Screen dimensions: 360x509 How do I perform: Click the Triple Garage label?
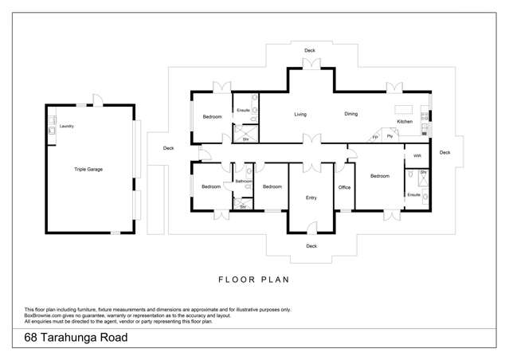click(x=88, y=169)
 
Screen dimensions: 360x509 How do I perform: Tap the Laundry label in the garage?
click(x=67, y=126)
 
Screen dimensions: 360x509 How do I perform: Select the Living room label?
click(x=300, y=115)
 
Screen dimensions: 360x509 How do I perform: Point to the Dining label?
click(x=351, y=114)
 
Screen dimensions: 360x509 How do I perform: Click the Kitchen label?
click(x=405, y=122)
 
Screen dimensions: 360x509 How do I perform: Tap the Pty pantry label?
click(x=390, y=137)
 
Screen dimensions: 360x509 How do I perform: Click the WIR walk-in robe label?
click(x=417, y=155)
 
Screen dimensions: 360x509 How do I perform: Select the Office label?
click(x=344, y=187)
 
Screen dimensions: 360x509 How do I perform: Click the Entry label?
click(x=311, y=198)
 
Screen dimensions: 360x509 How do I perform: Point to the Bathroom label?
click(x=244, y=181)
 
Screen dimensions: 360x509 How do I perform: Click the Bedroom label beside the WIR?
click(x=379, y=176)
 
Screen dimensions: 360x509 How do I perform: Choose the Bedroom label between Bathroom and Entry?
click(x=272, y=186)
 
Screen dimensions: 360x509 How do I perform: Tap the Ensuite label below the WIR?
click(x=413, y=194)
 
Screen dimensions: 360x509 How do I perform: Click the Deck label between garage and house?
click(x=168, y=148)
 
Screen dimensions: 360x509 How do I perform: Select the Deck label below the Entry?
click(x=311, y=246)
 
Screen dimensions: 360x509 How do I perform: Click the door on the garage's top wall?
click(x=96, y=100)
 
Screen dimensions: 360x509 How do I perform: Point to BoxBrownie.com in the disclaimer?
click(x=45, y=315)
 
